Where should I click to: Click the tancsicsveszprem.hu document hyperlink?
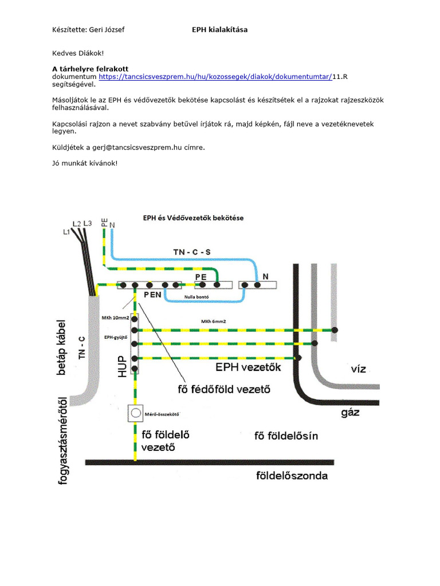pyautogui.click(x=215, y=76)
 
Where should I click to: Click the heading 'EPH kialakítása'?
pyautogui.click(x=220, y=29)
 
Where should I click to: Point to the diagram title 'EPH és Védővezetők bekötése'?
pyautogui.click(x=193, y=217)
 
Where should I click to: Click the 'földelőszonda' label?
pyautogui.click(x=292, y=476)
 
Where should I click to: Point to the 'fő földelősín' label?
pyautogui.click(x=286, y=437)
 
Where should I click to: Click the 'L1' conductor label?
pyautogui.click(x=66, y=232)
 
